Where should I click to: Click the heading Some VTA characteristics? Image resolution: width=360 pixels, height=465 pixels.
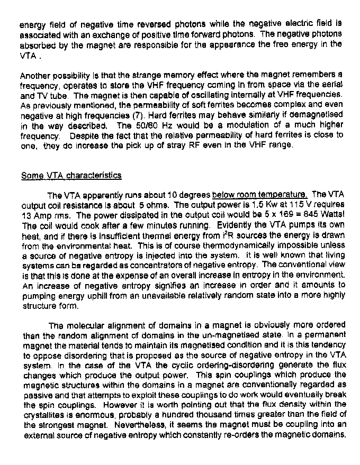(71, 176)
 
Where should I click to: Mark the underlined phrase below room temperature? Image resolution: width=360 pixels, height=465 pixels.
(259, 195)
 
